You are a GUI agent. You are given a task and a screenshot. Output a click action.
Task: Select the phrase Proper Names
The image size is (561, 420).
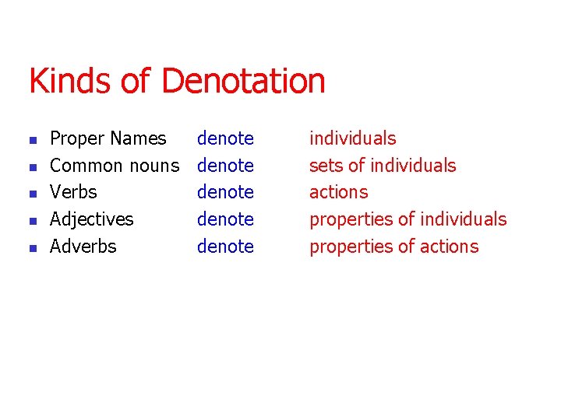click(108, 138)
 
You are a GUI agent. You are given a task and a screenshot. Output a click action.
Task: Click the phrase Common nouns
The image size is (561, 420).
click(114, 166)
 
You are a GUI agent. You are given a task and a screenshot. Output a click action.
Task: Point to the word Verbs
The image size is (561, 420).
click(73, 192)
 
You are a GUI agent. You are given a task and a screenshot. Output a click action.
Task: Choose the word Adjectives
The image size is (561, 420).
click(91, 219)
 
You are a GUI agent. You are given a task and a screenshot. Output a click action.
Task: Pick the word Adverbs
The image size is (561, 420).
click(83, 247)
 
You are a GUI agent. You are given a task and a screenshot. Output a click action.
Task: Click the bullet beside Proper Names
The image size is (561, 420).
click(32, 141)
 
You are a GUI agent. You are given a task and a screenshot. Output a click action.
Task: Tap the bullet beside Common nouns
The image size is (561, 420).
click(32, 167)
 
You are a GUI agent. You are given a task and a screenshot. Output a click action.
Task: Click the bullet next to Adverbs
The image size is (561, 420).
click(32, 248)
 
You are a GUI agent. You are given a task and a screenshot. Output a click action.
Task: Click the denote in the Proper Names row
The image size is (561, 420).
click(225, 138)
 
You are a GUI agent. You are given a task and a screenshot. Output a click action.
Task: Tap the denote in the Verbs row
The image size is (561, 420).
click(225, 192)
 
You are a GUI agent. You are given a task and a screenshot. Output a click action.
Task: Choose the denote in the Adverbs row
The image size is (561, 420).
click(225, 247)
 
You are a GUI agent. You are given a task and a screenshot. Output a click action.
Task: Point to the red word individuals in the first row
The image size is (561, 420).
click(352, 138)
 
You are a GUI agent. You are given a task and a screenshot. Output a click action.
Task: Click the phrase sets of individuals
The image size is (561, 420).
click(383, 166)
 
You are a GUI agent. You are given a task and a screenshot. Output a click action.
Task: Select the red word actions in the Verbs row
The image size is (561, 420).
click(338, 192)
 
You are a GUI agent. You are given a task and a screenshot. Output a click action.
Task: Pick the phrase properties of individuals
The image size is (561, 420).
click(408, 219)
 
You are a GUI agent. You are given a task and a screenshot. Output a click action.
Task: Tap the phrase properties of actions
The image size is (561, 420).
click(393, 247)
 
